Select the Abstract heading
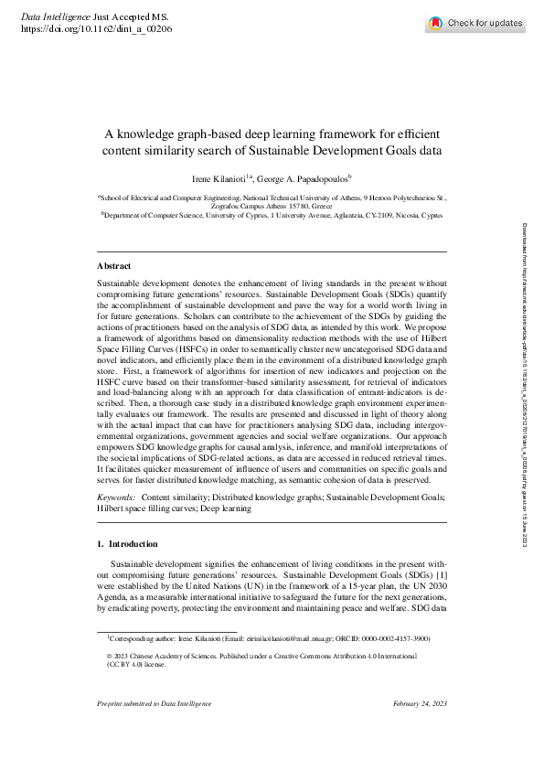pos(114,265)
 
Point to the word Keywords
pos(116,497)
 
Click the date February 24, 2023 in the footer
pos(420,703)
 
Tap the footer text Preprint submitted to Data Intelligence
pos(154,703)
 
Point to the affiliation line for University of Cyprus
pos(259,216)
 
